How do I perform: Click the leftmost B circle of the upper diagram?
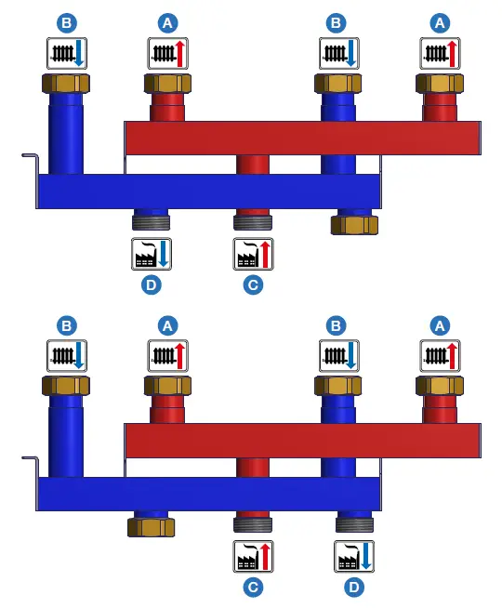coord(66,21)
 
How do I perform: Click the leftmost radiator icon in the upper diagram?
coord(66,52)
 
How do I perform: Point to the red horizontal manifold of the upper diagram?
coord(302,138)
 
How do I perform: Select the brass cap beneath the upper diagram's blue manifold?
coord(354,224)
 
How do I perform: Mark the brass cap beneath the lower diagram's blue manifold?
coord(151,527)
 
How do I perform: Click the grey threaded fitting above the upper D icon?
coord(151,221)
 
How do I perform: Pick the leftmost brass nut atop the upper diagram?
coord(66,84)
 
